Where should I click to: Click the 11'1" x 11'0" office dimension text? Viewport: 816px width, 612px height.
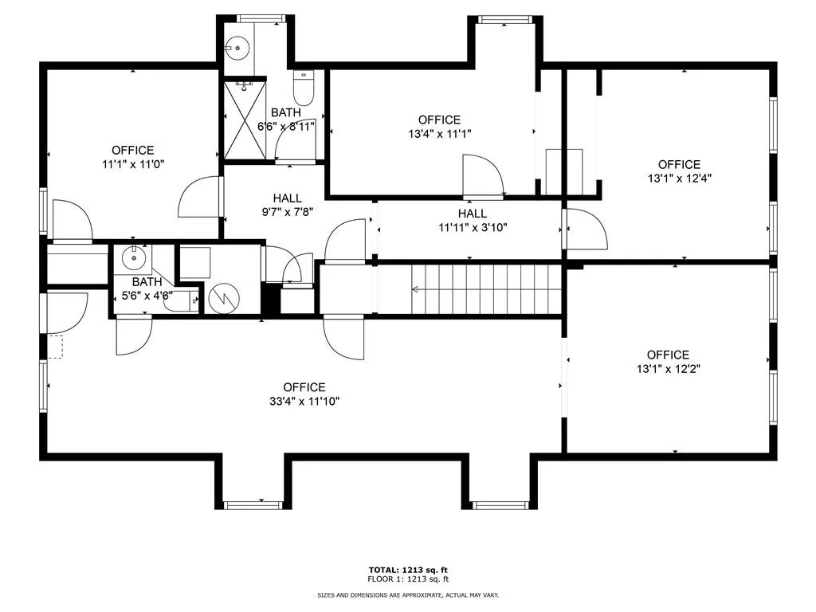click(x=133, y=163)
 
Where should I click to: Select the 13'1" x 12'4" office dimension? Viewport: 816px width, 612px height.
click(x=679, y=178)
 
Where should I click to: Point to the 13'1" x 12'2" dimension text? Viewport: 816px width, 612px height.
click(x=668, y=369)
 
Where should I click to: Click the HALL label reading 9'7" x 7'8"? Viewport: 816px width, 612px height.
click(x=287, y=212)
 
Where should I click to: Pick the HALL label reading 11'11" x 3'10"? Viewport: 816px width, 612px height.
click(x=472, y=227)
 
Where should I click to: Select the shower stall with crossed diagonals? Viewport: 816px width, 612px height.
click(x=245, y=119)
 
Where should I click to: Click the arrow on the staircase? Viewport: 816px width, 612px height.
click(x=417, y=289)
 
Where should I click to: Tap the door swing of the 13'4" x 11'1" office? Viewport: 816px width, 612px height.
click(x=483, y=175)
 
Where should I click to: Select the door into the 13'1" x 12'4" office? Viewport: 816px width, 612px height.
click(x=586, y=228)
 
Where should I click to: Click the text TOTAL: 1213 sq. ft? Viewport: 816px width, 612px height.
click(x=407, y=570)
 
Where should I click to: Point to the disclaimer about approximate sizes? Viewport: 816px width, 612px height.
click(x=407, y=595)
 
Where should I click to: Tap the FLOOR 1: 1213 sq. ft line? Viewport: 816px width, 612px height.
click(x=407, y=579)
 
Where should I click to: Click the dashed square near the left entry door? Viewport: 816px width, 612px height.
click(x=55, y=346)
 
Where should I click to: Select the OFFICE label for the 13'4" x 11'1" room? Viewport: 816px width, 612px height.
click(x=439, y=120)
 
